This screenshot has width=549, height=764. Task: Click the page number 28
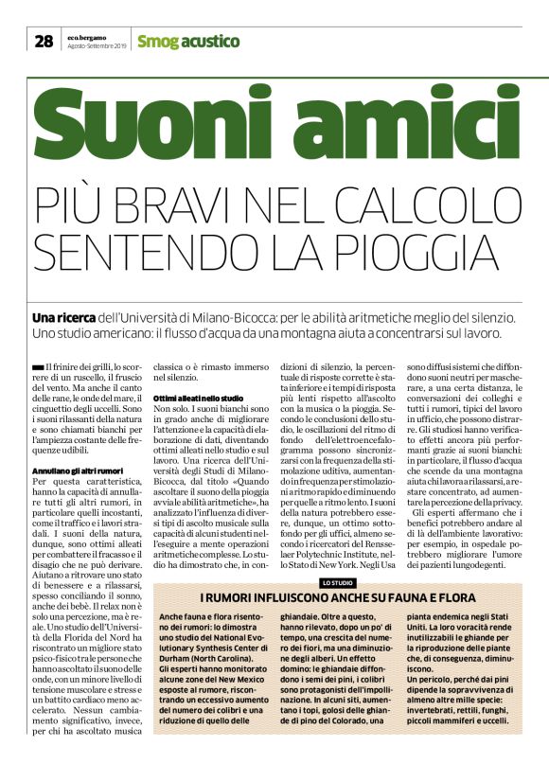[x=44, y=40]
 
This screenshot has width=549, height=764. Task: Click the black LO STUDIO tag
[x=338, y=556]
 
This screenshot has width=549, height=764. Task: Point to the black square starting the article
[x=37, y=365]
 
